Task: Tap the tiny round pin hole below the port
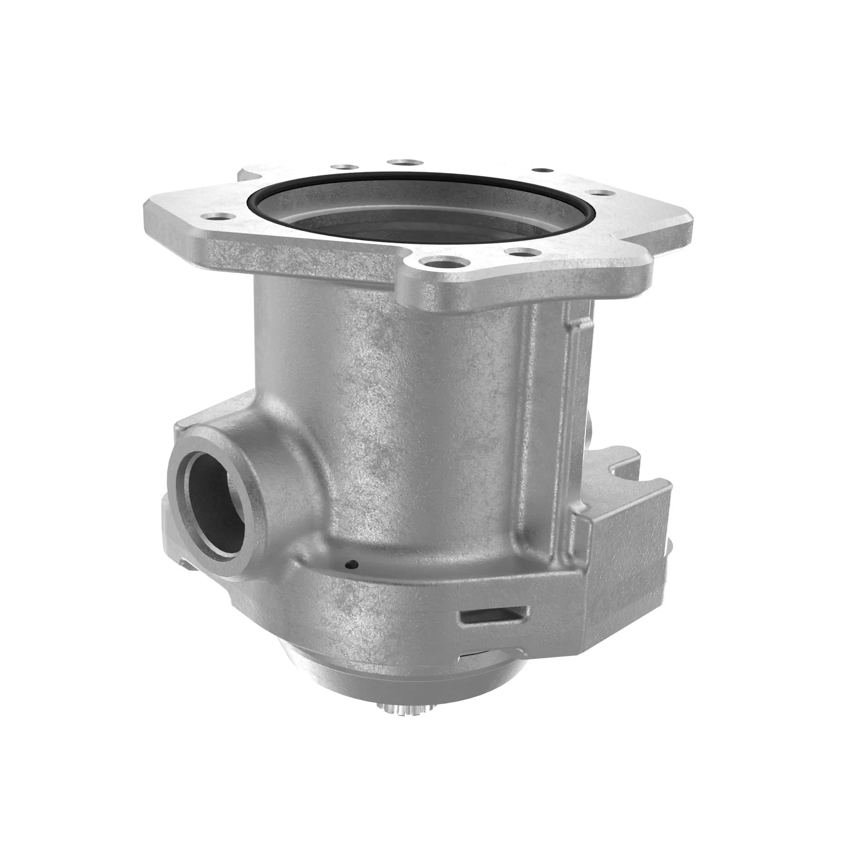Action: coord(352,564)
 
